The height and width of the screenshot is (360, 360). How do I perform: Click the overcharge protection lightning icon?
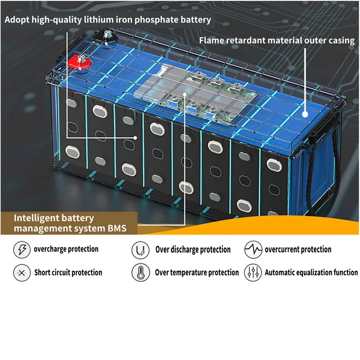[22, 250]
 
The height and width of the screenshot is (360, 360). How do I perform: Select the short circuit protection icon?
[22, 273]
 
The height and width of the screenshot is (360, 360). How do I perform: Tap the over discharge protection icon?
[140, 250]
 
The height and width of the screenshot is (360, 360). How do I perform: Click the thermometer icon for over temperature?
[140, 273]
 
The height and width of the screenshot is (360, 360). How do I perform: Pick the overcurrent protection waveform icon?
[253, 250]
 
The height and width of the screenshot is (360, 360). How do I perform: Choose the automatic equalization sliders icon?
[253, 273]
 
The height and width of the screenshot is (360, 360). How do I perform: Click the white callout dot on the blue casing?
[306, 114]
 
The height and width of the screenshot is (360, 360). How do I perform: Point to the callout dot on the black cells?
[136, 137]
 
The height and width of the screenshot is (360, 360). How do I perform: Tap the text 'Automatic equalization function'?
[311, 273]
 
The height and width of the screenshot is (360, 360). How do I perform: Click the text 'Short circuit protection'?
[68, 273]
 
